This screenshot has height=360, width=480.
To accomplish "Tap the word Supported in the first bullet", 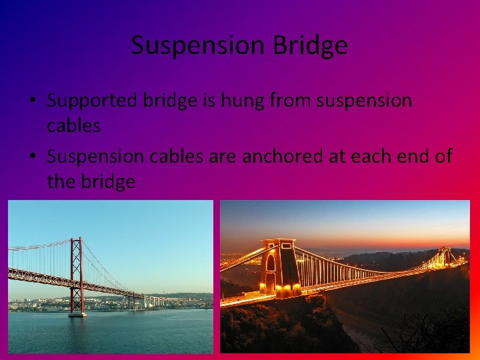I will click(93, 101).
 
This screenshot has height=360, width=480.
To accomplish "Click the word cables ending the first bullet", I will click(73, 125).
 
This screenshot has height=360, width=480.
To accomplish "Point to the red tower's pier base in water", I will click(77, 313).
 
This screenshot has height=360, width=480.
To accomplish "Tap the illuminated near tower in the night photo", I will click(279, 267).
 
